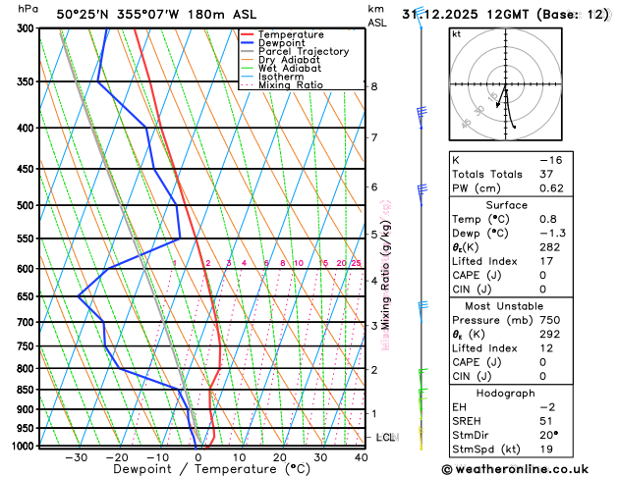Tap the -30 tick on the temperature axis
pyautogui.click(x=76, y=457)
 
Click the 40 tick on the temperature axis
pyautogui.click(x=363, y=457)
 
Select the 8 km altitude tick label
pyautogui.click(x=373, y=86)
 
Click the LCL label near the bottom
pyautogui.click(x=385, y=437)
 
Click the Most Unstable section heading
pyautogui.click(x=506, y=306)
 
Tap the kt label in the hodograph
pyautogui.click(x=456, y=34)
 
